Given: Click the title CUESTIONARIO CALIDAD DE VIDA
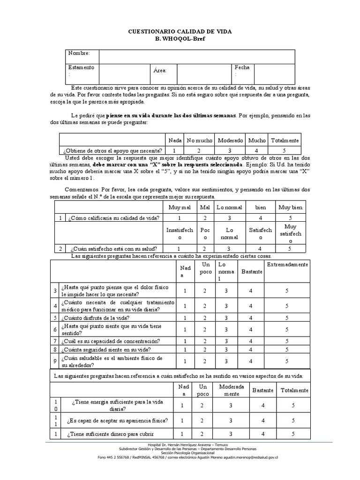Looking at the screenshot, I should pyautogui.click(x=180, y=31).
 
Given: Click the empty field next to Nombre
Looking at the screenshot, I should pyautogui.click(x=196, y=56).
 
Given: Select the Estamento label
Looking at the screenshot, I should pyautogui.click(x=81, y=67).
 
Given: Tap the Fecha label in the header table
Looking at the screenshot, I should pyautogui.click(x=242, y=67).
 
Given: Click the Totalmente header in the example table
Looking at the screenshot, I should pyautogui.click(x=285, y=140).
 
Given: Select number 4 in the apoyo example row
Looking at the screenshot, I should pyautogui.click(x=256, y=150).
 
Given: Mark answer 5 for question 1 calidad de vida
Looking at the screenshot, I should pyautogui.click(x=290, y=218).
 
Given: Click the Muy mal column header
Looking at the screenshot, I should pyautogui.click(x=178, y=207).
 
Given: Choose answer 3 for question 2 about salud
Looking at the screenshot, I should pyautogui.click(x=229, y=248).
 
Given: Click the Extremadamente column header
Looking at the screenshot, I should pyautogui.click(x=287, y=265).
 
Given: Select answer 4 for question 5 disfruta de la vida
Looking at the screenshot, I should pyautogui.click(x=251, y=317).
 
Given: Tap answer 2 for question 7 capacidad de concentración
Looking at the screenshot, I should pyautogui.click(x=204, y=341).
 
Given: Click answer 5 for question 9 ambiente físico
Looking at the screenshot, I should pyautogui.click(x=287, y=361).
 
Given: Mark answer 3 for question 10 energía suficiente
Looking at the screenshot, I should pyautogui.click(x=231, y=405).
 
